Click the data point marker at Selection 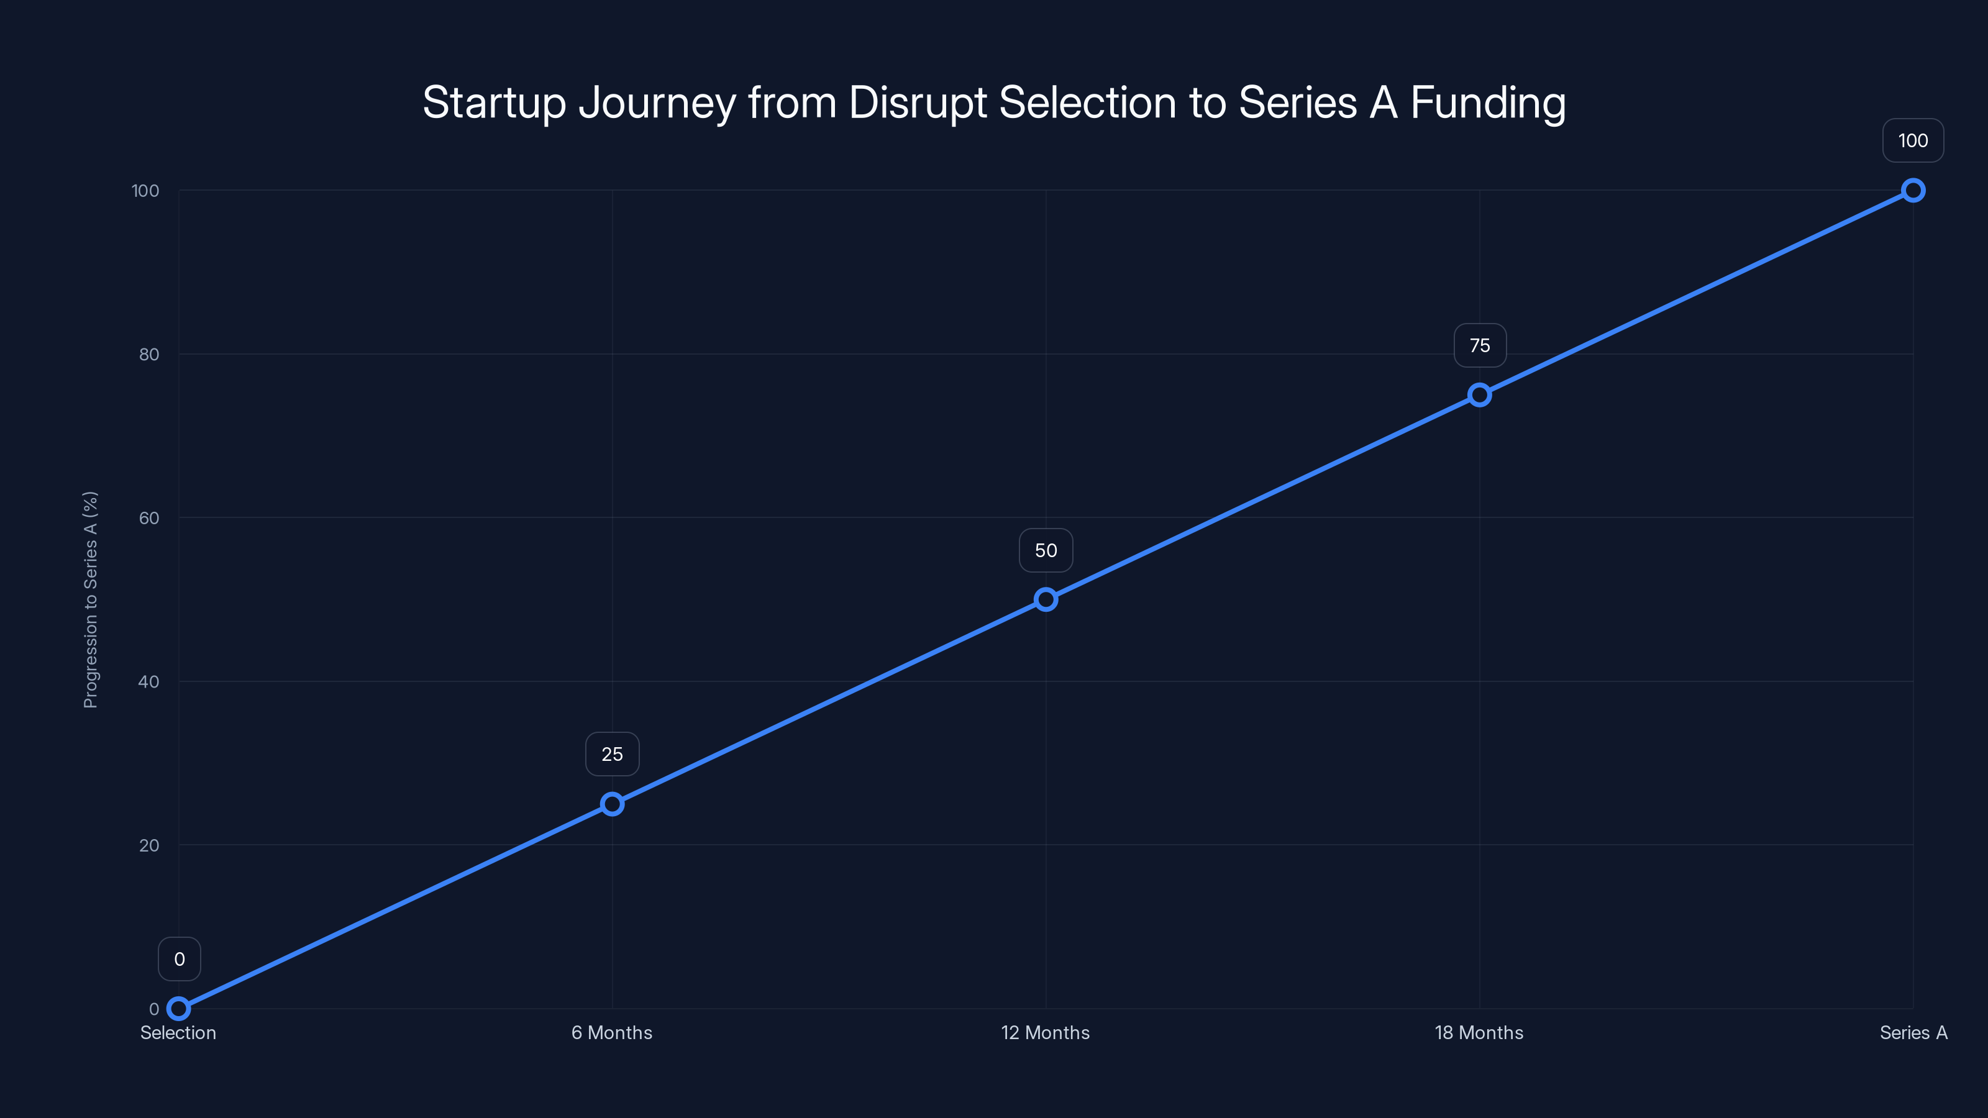(x=178, y=1009)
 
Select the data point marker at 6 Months (x=612, y=804)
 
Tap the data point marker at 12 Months (x=1046, y=599)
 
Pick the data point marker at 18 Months (x=1479, y=395)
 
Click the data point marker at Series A (x=1913, y=191)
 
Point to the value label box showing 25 (x=612, y=754)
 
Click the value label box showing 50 (x=1046, y=550)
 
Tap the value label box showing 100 (x=1913, y=140)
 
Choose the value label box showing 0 (x=179, y=959)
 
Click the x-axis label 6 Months (x=612, y=1032)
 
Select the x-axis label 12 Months (x=1045, y=1032)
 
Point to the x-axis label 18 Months (x=1479, y=1032)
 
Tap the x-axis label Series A (x=1913, y=1032)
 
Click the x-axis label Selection (x=178, y=1032)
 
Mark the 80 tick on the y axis (x=149, y=354)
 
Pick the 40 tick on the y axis (x=149, y=681)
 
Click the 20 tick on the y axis (x=149, y=845)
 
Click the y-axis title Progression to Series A (x=90, y=599)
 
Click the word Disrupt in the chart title (x=918, y=102)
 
